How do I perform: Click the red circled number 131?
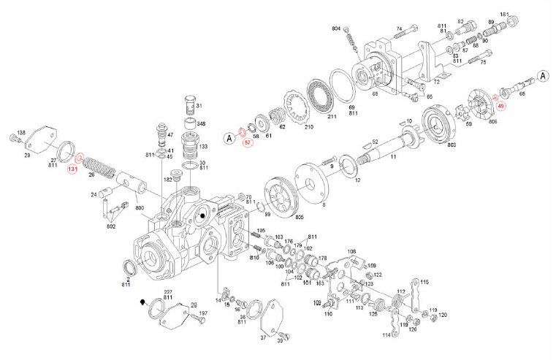(x=72, y=169)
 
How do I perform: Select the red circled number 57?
(x=248, y=142)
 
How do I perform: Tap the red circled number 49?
(x=501, y=106)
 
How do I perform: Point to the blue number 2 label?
(x=129, y=279)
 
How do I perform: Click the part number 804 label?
(x=336, y=28)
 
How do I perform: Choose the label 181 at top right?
(x=504, y=15)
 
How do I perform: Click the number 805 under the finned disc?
(x=278, y=216)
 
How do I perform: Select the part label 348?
(x=200, y=123)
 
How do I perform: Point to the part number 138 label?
(x=21, y=132)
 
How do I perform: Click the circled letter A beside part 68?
(x=544, y=75)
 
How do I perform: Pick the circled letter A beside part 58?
(x=229, y=137)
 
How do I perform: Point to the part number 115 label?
(x=424, y=282)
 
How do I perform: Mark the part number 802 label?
(x=111, y=227)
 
